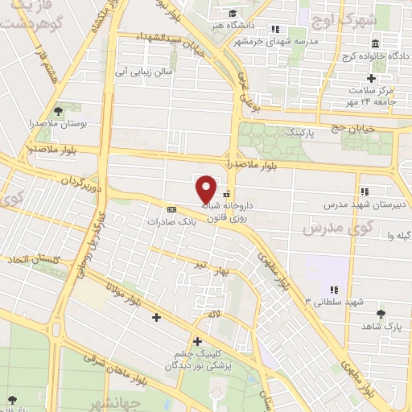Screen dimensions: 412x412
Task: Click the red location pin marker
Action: tap(207, 188)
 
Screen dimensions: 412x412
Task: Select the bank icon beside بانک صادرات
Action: tap(171, 208)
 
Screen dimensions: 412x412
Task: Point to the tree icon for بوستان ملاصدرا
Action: tap(57, 112)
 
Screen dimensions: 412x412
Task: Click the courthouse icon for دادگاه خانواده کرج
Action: tap(376, 43)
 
